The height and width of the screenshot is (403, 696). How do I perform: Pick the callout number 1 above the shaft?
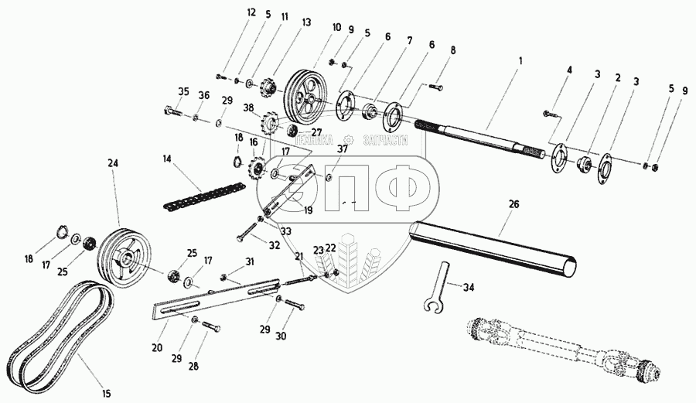[x=520, y=60]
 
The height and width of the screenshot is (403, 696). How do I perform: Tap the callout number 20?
[x=157, y=349]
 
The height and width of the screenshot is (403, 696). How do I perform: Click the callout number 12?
[x=229, y=13]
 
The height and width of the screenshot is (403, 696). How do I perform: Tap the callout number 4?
[x=569, y=70]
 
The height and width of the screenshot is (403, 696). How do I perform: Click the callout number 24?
[x=114, y=163]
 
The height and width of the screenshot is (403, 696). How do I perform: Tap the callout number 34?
[x=468, y=289]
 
